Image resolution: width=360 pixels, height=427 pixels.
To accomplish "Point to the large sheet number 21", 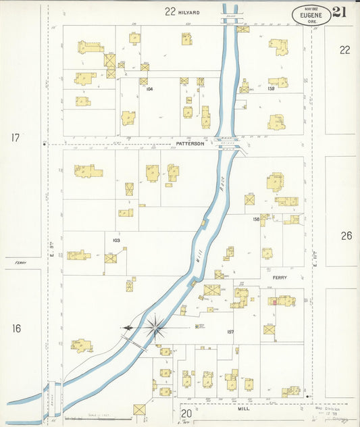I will [340, 11].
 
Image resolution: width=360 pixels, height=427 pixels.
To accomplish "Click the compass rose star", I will [155, 328].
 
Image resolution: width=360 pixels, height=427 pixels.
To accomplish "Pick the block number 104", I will [149, 89].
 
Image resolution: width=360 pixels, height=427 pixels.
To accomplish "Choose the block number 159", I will [271, 89].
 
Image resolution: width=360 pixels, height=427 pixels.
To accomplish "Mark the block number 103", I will [115, 241].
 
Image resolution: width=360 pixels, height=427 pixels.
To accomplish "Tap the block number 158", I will [256, 219].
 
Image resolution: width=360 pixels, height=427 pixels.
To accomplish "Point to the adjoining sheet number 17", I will [16, 138].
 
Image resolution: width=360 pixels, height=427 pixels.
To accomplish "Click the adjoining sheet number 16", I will [16, 328].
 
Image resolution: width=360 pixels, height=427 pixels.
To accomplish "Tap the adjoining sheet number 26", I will [346, 236].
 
